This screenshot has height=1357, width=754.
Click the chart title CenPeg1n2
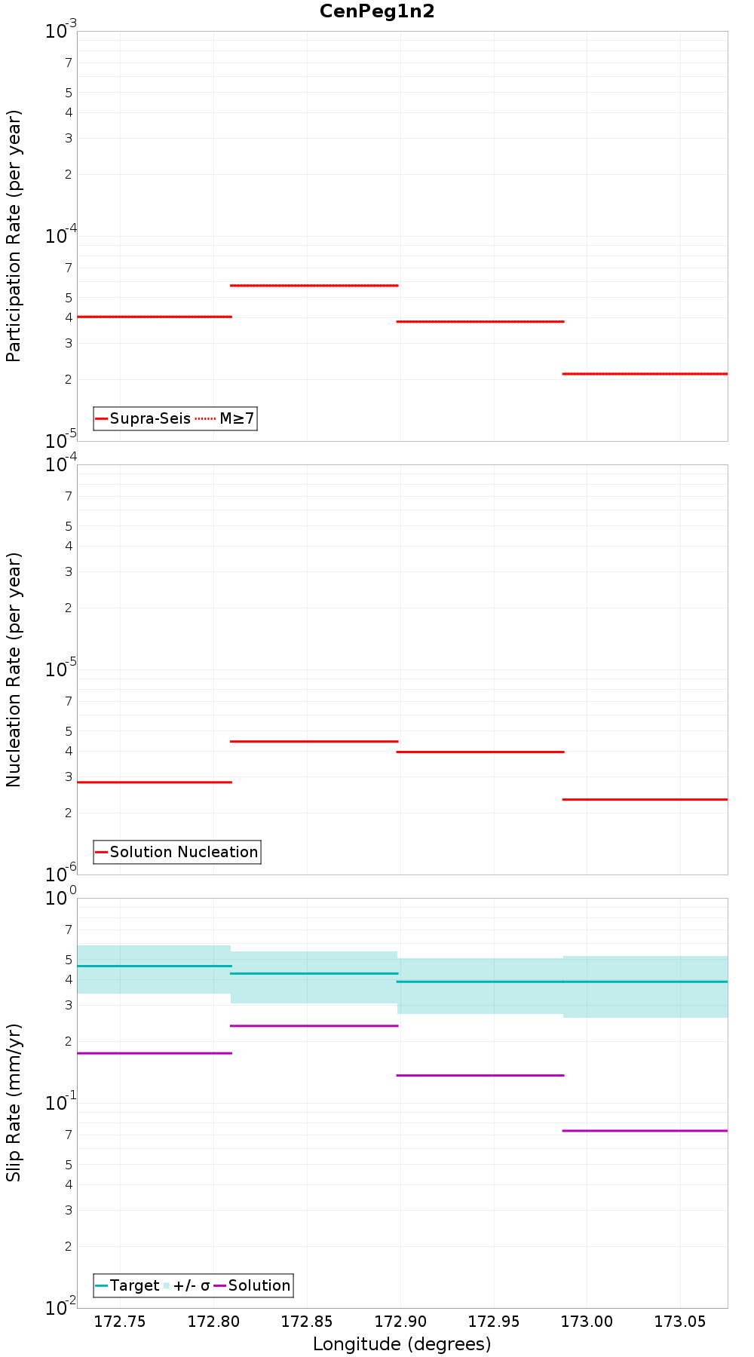[377, 11]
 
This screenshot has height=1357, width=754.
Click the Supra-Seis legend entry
[143, 418]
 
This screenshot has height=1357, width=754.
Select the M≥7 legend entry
[226, 418]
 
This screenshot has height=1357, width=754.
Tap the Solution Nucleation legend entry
[177, 852]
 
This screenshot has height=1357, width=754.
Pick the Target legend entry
[127, 1285]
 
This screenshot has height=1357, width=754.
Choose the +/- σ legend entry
[187, 1285]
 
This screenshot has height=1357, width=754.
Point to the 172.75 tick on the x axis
[120, 1321]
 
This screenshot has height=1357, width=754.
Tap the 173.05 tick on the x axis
[680, 1321]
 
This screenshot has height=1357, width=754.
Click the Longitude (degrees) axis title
[402, 1343]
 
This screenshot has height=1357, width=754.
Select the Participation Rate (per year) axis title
[14, 236]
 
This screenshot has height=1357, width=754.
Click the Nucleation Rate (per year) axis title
[14, 669]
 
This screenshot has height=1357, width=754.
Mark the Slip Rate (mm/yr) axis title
[14, 1102]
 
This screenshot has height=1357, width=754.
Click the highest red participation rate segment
[314, 286]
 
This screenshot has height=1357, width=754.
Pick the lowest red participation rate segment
[645, 374]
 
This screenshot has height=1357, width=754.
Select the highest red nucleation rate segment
[314, 742]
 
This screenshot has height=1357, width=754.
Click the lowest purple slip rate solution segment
[645, 1131]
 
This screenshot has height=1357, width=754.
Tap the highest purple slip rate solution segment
[314, 1026]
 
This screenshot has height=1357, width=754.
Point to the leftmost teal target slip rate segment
[155, 966]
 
